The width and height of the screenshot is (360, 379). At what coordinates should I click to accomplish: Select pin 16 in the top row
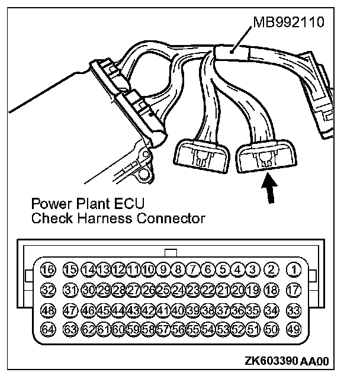tap(49, 270)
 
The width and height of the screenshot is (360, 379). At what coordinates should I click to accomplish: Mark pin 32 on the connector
tap(49, 290)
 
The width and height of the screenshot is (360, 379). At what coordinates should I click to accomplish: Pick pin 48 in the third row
tap(49, 310)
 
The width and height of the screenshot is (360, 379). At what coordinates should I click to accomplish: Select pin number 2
tap(272, 270)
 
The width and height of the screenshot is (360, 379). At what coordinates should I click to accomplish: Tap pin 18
tap(272, 290)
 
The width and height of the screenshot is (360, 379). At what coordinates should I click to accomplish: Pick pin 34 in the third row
tap(272, 310)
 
